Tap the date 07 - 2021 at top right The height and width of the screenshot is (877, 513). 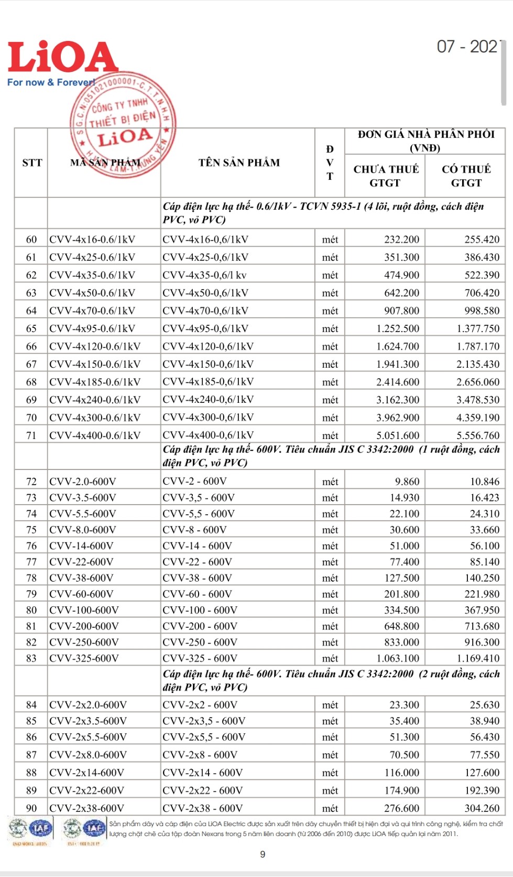coord(468,47)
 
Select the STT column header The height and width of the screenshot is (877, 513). coord(32,163)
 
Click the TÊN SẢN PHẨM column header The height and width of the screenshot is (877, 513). coord(239,163)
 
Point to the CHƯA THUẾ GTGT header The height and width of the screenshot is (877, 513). coord(386,176)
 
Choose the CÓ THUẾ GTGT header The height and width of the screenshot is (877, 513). coord(466,176)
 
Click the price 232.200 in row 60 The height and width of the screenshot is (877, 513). coord(401,240)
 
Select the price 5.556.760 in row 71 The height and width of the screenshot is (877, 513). coord(477,435)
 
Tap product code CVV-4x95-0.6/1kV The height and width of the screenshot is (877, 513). coord(92,328)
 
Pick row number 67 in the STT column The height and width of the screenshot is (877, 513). coord(31,364)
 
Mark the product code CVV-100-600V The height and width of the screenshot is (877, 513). coord(84,610)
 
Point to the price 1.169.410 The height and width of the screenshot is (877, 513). coord(477,658)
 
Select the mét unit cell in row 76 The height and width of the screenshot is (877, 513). coord(330,546)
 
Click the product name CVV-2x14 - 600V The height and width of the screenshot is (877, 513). coord(202,773)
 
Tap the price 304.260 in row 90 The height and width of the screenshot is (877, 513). coord(482,808)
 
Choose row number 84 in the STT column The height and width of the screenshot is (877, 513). coord(31,705)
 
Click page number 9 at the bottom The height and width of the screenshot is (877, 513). coord(263,854)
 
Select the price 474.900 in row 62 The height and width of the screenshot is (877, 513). coord(401,275)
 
